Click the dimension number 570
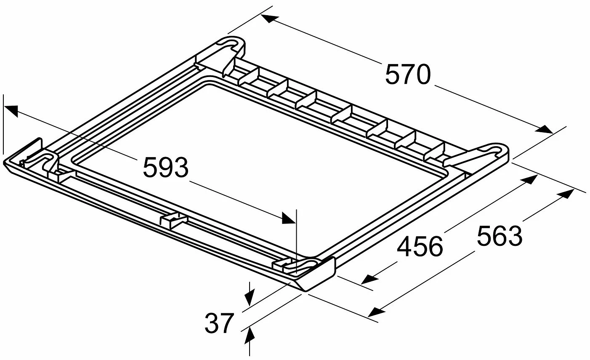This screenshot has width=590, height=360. [x=407, y=75]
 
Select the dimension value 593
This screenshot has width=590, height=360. [x=166, y=167]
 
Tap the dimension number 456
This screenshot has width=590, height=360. [x=420, y=247]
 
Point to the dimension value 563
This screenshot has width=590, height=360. [x=500, y=236]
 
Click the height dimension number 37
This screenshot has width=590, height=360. [x=219, y=323]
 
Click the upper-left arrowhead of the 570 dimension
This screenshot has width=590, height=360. [x=270, y=19]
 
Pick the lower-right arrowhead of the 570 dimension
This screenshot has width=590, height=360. [x=544, y=129]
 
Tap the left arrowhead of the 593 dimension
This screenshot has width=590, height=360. [x=12, y=111]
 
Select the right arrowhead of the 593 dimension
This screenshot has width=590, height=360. [x=289, y=218]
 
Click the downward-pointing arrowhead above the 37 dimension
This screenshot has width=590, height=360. [x=250, y=297]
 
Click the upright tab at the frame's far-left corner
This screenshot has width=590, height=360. [x=31, y=152]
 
